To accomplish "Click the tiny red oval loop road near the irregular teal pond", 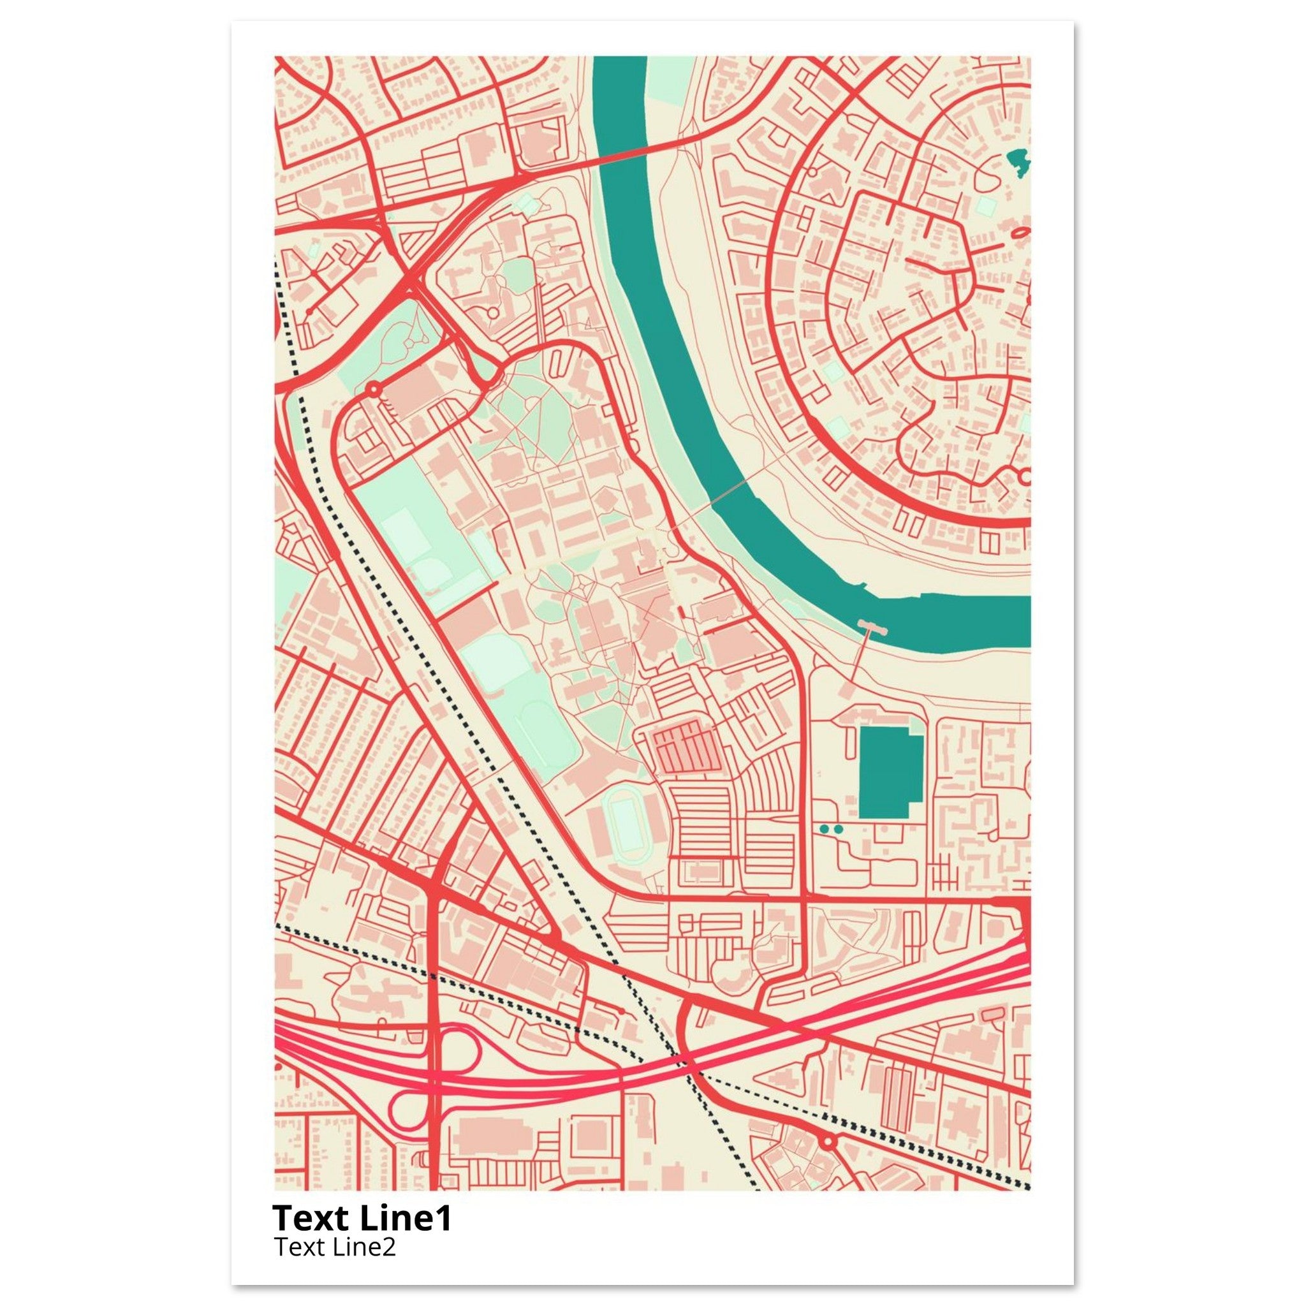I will pos(1020,233).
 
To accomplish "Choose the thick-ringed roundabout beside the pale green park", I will pos(372,390).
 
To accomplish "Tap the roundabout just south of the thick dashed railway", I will pos(827,1141).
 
